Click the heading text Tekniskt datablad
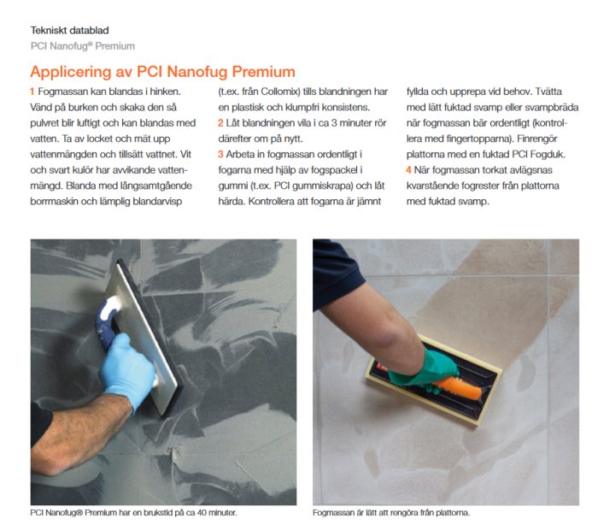(x=69, y=30)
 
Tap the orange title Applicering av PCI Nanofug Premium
(x=162, y=72)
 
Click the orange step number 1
(x=32, y=91)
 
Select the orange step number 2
(x=220, y=123)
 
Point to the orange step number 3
(x=220, y=154)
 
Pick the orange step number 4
(x=409, y=170)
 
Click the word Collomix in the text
(x=278, y=91)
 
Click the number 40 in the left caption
(x=202, y=512)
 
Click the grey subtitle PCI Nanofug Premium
(x=83, y=46)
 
